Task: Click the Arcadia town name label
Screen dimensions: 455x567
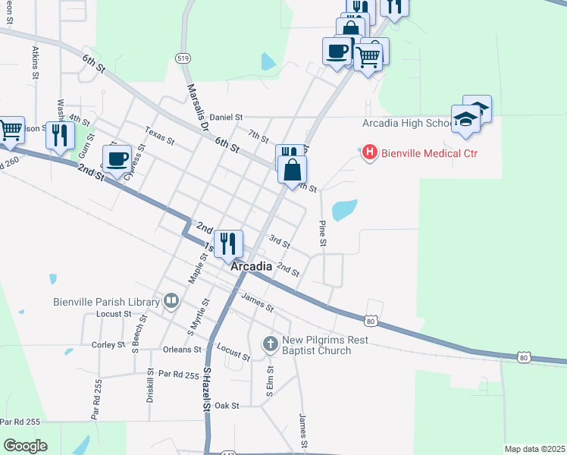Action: pos(251,267)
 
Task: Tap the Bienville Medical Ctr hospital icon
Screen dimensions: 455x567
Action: pos(370,153)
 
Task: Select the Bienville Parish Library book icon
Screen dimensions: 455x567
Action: pos(172,302)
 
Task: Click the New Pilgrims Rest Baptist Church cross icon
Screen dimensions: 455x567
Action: pos(270,344)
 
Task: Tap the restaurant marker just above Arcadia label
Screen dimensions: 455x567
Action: pos(228,243)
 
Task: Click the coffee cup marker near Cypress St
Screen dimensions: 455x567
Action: pos(117,158)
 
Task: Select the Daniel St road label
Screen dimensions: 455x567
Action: pos(226,118)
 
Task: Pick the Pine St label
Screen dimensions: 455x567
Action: pos(322,233)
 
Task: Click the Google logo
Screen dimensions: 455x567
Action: pos(25,446)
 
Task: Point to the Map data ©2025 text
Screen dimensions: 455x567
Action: pos(534,449)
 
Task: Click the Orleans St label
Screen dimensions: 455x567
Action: pos(182,350)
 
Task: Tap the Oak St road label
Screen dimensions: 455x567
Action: pos(227,406)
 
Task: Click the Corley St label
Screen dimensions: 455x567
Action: pos(108,345)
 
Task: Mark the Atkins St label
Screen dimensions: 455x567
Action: pos(35,62)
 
